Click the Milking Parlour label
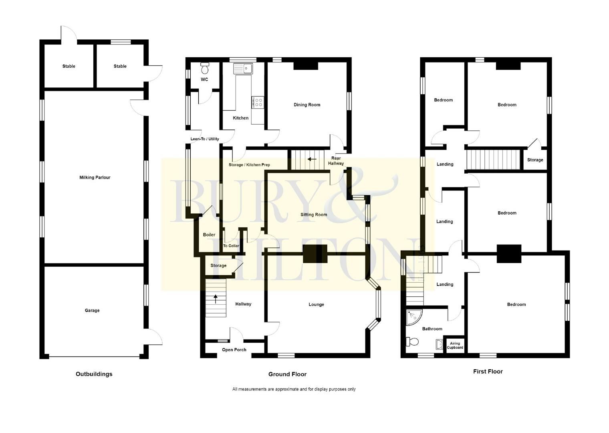click(95, 178)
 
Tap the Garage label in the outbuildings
click(92, 310)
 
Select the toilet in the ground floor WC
click(205, 69)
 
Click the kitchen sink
click(243, 69)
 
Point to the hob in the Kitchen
click(258, 102)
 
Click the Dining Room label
click(307, 105)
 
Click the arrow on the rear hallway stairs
click(312, 159)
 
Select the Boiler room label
click(209, 235)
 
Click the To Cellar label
click(231, 246)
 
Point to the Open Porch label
click(234, 350)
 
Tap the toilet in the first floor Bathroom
click(413, 342)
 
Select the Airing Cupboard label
click(455, 346)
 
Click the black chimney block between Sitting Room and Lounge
click(315, 253)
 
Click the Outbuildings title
click(94, 374)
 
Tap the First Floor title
click(488, 372)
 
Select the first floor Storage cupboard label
click(535, 160)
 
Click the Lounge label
click(316, 304)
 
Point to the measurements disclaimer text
click(294, 389)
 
